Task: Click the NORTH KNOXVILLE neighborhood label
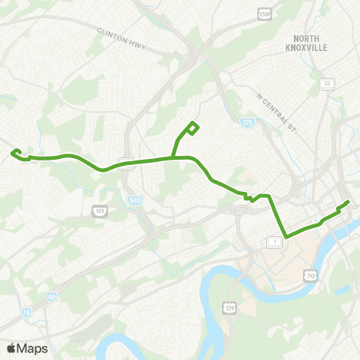(x=312, y=43)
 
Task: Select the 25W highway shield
(x=263, y=14)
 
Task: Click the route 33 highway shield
(x=328, y=84)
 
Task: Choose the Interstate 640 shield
(x=135, y=200)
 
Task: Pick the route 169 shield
(x=100, y=211)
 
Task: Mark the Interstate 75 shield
(x=26, y=312)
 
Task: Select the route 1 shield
(x=274, y=241)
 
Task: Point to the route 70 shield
(x=310, y=277)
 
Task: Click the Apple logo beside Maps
(x=11, y=348)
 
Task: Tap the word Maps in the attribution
(x=32, y=348)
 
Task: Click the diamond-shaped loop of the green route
(x=192, y=128)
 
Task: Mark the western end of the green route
(x=13, y=152)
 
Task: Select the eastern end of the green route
(x=349, y=202)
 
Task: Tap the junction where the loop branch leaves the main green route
(x=172, y=157)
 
